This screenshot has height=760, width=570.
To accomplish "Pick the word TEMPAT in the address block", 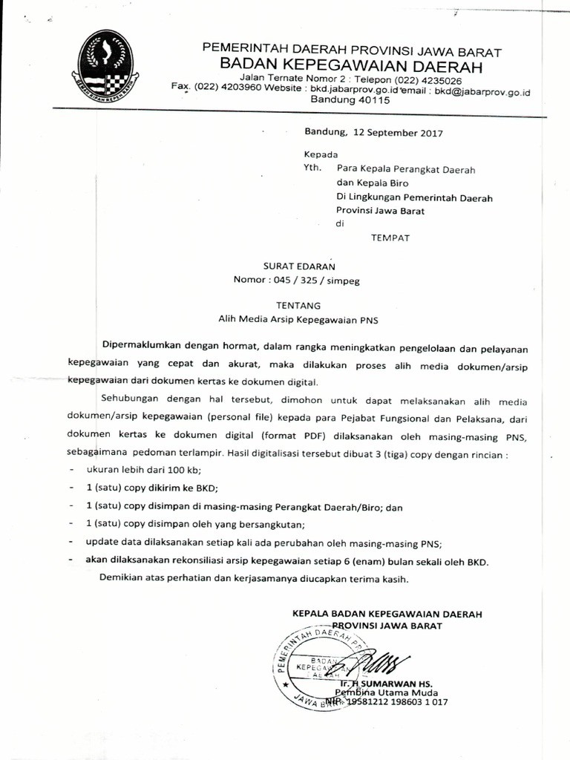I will (390, 237).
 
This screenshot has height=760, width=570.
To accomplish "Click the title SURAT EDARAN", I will (300, 265).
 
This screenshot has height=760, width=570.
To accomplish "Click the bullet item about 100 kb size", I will (143, 471).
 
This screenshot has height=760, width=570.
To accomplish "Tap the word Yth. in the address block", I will (312, 168).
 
